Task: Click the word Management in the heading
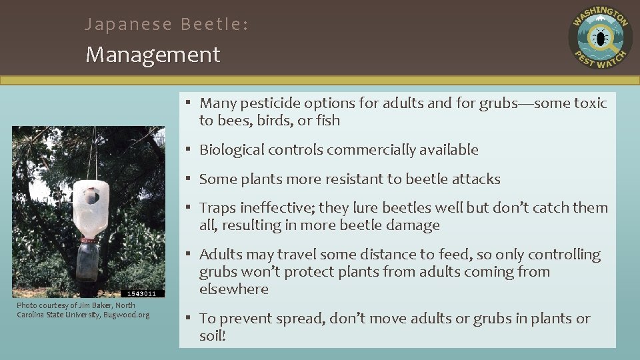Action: point(153,55)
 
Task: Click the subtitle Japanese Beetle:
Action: point(167,25)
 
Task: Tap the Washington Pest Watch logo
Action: point(600,38)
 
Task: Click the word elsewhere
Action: point(233,289)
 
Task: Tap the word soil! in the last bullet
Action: point(213,336)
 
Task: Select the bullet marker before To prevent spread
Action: point(189,319)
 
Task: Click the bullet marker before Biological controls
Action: point(189,150)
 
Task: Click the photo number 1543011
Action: point(143,293)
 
